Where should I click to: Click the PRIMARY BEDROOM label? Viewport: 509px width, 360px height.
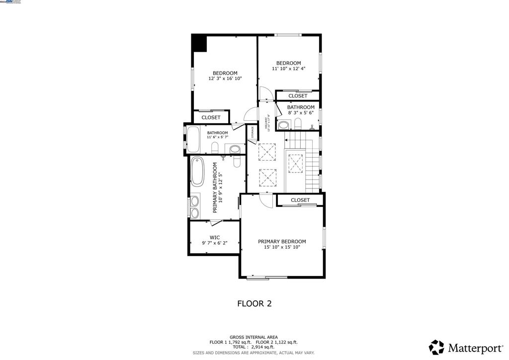[282, 241]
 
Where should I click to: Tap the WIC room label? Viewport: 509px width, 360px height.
[215, 237]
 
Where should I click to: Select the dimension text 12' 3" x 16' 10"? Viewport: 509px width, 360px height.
[225, 79]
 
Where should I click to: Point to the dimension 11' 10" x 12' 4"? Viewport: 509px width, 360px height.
[288, 69]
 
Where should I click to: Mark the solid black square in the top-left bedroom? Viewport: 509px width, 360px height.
[199, 43]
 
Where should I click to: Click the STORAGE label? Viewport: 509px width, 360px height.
[253, 132]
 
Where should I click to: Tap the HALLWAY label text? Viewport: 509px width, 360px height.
[266, 123]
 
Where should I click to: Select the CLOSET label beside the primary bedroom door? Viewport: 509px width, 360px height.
[300, 200]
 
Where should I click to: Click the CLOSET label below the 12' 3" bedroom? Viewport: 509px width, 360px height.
[211, 117]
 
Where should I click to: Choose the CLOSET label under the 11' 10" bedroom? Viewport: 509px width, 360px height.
[298, 95]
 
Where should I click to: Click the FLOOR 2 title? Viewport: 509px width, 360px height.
[254, 303]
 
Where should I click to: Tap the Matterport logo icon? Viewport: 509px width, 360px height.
[436, 347]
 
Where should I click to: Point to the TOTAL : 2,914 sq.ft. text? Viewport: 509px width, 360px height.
[254, 347]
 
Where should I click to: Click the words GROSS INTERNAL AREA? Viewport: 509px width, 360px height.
[254, 337]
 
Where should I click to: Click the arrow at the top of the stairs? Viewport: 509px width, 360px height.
[287, 140]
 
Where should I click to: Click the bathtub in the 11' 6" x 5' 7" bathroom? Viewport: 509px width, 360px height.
[192, 139]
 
